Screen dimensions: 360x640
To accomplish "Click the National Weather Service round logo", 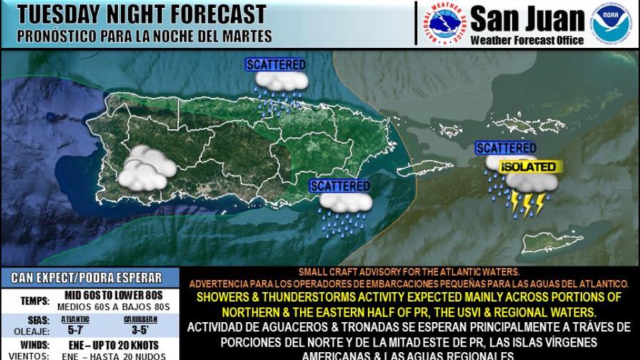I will click(x=441, y=24).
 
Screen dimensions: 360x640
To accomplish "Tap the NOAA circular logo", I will click(x=611, y=24).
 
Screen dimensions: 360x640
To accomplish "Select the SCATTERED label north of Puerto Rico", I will click(x=276, y=64).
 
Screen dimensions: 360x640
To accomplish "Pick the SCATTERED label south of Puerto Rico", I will click(x=340, y=186).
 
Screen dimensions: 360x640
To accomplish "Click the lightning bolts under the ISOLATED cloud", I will click(x=528, y=204).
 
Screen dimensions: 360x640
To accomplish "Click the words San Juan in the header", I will click(x=526, y=18).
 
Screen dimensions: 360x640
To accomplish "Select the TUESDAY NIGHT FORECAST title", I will click(x=141, y=14).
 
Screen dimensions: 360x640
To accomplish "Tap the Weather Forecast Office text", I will click(x=527, y=40).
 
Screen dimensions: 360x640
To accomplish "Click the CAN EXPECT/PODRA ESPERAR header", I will click(x=86, y=277).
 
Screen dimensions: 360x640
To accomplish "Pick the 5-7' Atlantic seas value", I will click(x=74, y=331).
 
